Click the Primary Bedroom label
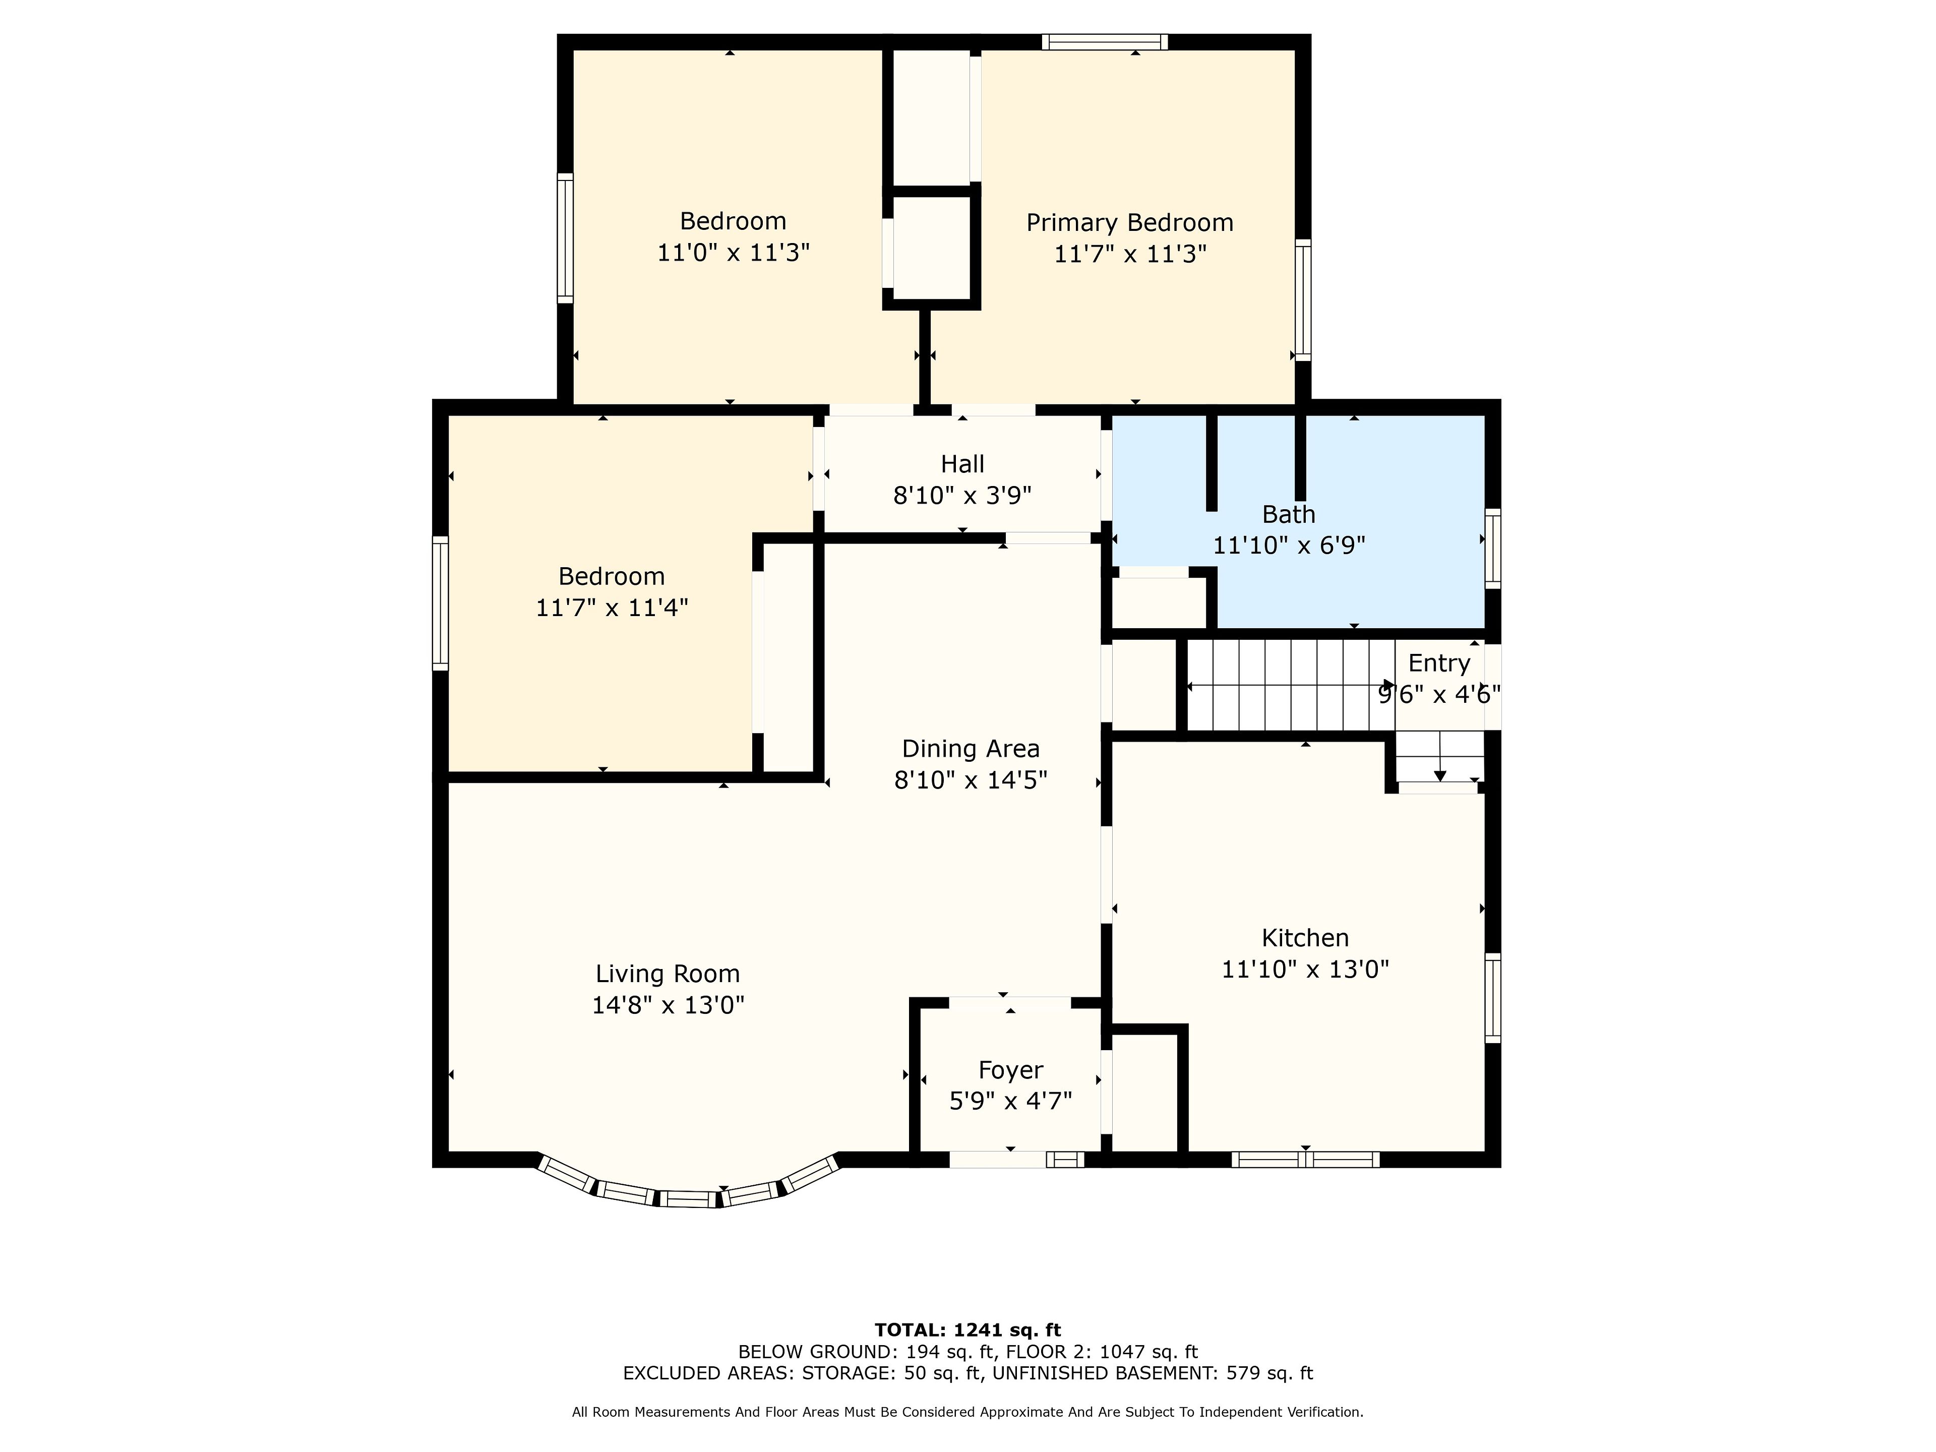tap(1130, 223)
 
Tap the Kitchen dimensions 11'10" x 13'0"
tap(1305, 970)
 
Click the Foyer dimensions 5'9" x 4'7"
tap(1011, 1101)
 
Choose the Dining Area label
tap(971, 749)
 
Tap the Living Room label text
tap(668, 974)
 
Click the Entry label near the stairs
tap(1439, 663)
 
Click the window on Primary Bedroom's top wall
tap(1105, 41)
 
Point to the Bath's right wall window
tap(1493, 549)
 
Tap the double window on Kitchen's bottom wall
tap(1306, 1160)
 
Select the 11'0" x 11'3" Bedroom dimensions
tap(734, 253)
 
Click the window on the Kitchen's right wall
tap(1493, 998)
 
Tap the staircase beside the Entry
tap(1291, 685)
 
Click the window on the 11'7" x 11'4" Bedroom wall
tap(440, 604)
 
